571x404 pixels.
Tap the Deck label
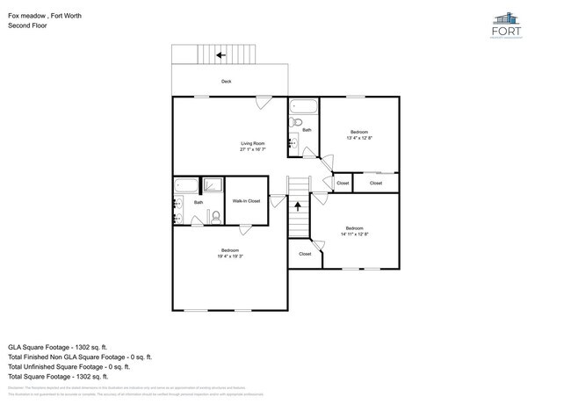pos(227,81)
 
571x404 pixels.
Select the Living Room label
pos(254,143)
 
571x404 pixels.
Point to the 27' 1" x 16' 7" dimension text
pos(254,150)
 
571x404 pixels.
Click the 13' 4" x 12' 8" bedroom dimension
pos(359,138)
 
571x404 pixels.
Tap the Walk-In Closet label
pos(246,201)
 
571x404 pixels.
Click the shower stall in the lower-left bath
pos(213,186)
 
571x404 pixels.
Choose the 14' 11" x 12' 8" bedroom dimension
pos(354,234)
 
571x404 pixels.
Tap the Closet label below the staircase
pos(305,254)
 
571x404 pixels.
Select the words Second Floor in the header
pos(26,25)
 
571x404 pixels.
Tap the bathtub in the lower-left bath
pos(186,185)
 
